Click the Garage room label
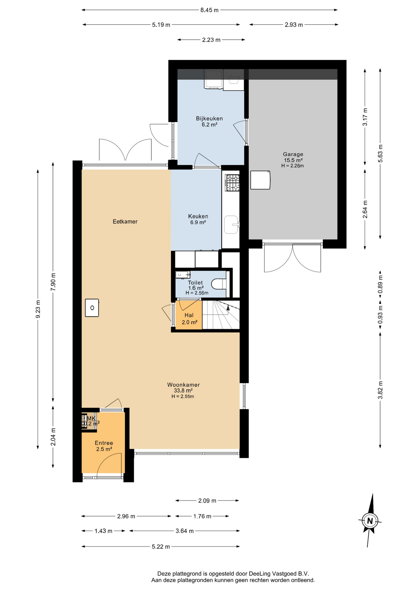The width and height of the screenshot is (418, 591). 293,154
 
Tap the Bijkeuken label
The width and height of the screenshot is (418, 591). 209,119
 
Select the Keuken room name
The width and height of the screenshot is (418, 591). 198,216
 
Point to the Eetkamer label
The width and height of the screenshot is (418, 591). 125,221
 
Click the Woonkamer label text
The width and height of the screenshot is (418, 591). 183,385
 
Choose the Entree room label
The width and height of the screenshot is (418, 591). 104,443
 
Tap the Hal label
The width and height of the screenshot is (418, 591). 189,315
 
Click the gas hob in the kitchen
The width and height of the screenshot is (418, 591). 232,183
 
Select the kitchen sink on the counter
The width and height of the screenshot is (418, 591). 232,225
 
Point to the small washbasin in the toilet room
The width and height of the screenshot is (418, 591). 183,274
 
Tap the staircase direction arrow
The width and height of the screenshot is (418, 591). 228,307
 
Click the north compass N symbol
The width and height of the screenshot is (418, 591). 370,521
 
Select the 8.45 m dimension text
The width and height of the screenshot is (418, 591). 209,10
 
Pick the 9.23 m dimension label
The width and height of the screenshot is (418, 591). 38,309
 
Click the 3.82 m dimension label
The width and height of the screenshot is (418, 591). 380,390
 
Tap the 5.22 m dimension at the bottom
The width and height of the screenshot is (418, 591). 161,547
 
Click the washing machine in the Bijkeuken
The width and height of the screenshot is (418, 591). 213,79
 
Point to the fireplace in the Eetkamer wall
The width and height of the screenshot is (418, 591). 92,308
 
